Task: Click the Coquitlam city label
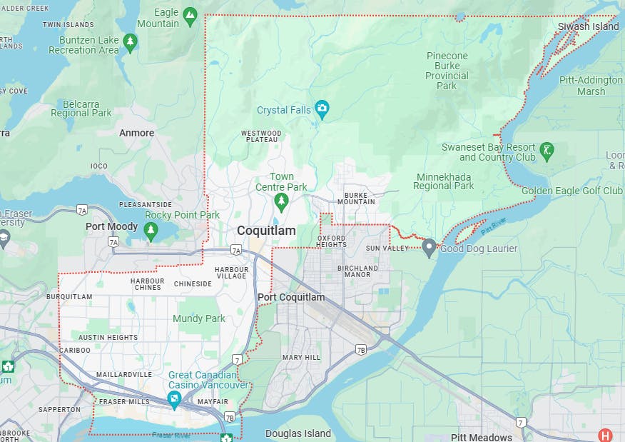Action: (266, 231)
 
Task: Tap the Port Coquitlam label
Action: (291, 297)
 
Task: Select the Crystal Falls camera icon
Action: (322, 110)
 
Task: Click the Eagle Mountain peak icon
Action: (189, 15)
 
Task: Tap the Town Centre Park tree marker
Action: (281, 202)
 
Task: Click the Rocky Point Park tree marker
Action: (150, 230)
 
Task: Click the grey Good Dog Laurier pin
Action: (429, 248)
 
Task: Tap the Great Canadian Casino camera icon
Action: (174, 399)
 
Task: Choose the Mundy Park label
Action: (199, 318)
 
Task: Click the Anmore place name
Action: (136, 133)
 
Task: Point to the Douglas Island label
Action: (298, 433)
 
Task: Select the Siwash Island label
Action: (589, 26)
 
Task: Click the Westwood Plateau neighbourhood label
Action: (261, 136)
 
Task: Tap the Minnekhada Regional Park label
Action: (444, 181)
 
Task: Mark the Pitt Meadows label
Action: (482, 437)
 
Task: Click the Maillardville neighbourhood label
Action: (124, 374)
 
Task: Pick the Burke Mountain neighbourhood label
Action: (360, 198)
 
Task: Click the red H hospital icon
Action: (605, 435)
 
